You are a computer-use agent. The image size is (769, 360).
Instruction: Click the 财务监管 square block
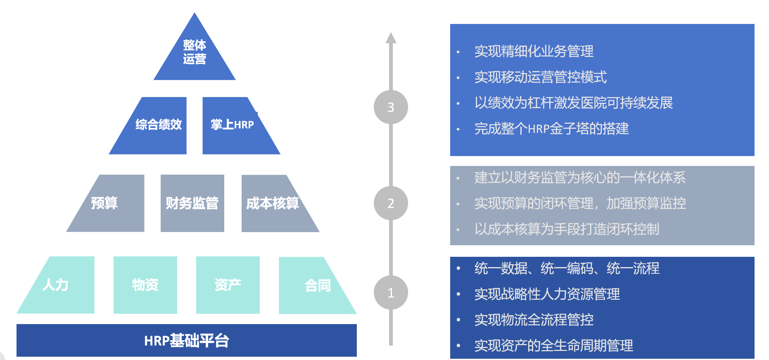click(x=192, y=203)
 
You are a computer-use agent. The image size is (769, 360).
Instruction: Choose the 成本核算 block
click(x=273, y=203)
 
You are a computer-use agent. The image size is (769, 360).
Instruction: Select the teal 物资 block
click(x=145, y=285)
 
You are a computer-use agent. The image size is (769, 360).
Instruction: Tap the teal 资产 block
click(x=228, y=285)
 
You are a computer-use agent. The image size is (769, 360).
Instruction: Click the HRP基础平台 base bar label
click(x=186, y=341)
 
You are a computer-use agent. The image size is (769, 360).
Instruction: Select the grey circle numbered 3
click(x=391, y=107)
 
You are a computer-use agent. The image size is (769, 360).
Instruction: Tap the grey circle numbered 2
click(x=391, y=203)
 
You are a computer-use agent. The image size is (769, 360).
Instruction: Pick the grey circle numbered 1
click(x=391, y=292)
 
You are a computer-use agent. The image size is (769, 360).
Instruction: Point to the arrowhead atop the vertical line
click(x=391, y=38)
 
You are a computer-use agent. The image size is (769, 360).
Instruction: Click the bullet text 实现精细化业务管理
click(x=534, y=52)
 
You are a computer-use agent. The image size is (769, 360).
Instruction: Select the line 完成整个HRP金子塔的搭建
click(x=551, y=129)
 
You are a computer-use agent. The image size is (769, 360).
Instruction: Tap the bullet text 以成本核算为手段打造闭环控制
click(x=566, y=229)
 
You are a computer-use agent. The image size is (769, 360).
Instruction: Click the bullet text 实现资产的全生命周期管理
click(x=553, y=346)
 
